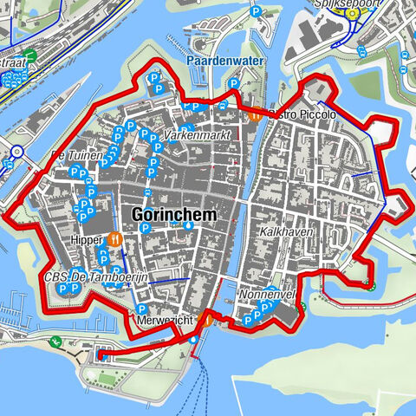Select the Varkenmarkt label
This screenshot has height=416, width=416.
[x=198, y=135]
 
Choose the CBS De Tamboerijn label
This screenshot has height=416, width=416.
[x=96, y=277]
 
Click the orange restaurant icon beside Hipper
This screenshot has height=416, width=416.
[x=114, y=237]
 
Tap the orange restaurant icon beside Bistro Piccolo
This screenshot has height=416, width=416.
[x=255, y=114]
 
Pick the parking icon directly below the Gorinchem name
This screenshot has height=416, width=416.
[x=146, y=229]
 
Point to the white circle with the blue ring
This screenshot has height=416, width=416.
[x=16, y=152]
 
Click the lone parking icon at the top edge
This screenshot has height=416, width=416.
[x=255, y=12]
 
